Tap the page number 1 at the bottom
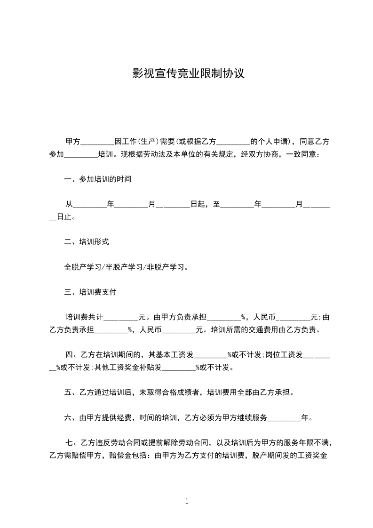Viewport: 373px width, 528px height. (187, 501)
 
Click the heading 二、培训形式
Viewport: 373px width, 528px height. (87, 242)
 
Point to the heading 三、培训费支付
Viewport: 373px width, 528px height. (90, 292)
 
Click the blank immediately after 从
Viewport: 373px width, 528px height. (90, 205)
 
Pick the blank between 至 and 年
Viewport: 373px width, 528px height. (237, 205)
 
